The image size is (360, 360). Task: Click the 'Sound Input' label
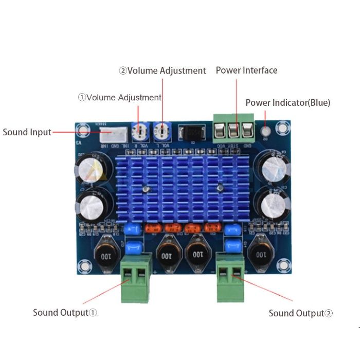pyautogui.click(x=27, y=132)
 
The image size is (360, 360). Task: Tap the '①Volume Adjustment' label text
pyautogui.click(x=120, y=97)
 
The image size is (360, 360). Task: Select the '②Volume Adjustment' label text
pyautogui.click(x=163, y=71)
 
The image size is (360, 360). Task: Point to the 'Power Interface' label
pyautogui.click(x=246, y=70)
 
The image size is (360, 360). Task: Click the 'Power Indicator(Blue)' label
pyautogui.click(x=288, y=103)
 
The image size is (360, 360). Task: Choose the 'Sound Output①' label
pyautogui.click(x=65, y=312)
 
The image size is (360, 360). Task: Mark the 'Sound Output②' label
pyautogui.click(x=301, y=313)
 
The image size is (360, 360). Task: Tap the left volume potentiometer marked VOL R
pyautogui.click(x=139, y=132)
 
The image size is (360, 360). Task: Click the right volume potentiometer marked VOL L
pyautogui.click(x=162, y=132)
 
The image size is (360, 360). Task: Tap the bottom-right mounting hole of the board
pyautogui.click(x=282, y=266)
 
